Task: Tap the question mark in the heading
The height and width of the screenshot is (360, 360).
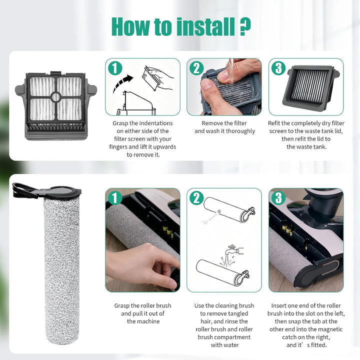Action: (245, 27)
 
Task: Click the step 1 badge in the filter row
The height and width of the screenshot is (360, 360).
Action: (115, 68)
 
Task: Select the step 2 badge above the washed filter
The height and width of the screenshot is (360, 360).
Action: (196, 68)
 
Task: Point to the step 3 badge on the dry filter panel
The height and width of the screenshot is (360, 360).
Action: (278, 68)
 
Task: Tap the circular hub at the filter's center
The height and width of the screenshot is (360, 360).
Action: (56, 97)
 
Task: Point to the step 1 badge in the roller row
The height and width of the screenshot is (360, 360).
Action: (115, 198)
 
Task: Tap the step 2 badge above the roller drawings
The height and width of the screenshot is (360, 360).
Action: (196, 198)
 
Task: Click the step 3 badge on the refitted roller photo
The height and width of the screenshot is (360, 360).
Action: (278, 198)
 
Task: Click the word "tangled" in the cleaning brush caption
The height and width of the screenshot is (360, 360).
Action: (237, 314)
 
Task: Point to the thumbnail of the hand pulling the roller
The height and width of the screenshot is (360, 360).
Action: (143, 240)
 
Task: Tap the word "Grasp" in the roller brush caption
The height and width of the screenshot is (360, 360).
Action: (121, 306)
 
